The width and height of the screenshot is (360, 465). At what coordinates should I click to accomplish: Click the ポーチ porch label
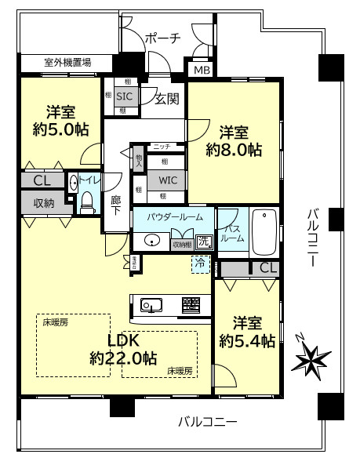click(x=163, y=38)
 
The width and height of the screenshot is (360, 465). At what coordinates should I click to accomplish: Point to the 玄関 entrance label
click(x=165, y=99)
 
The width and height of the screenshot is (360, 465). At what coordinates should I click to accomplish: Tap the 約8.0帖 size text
click(x=234, y=148)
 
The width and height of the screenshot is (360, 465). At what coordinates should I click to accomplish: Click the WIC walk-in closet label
click(x=169, y=180)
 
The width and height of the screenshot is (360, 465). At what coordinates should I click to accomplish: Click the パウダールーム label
click(x=174, y=216)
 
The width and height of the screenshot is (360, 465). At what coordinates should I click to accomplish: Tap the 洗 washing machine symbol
click(x=204, y=242)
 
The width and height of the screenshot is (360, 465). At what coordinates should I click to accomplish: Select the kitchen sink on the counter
click(x=151, y=304)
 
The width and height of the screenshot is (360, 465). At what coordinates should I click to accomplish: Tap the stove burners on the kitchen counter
click(x=192, y=303)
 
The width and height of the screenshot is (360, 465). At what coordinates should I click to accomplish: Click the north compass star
click(x=311, y=359)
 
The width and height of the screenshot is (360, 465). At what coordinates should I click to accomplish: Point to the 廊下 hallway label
click(x=115, y=205)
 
